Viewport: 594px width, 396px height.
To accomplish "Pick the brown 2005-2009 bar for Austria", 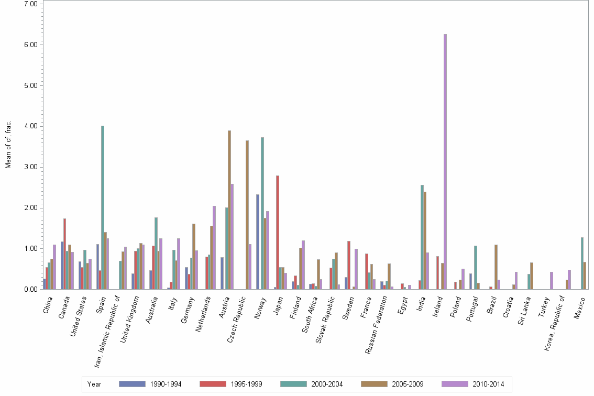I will tap(229, 210).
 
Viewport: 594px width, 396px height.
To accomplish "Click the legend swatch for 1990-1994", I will tap(131, 384).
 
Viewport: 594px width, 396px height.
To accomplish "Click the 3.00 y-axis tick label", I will tap(30, 167).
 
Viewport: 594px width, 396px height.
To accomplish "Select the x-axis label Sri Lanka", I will tap(524, 310).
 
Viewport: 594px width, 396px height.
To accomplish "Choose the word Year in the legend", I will tap(94, 384).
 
